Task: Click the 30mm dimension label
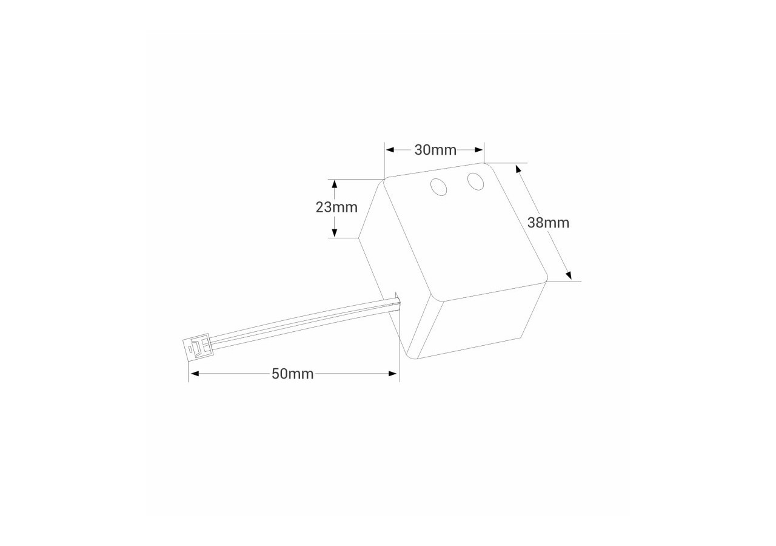point(435,150)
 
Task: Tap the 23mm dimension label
point(336,207)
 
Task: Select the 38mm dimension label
point(548,223)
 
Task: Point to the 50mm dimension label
point(292,374)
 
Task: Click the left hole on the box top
point(438,187)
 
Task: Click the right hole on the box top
point(475,181)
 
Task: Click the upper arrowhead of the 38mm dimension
point(518,168)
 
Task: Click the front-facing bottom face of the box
point(479,322)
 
